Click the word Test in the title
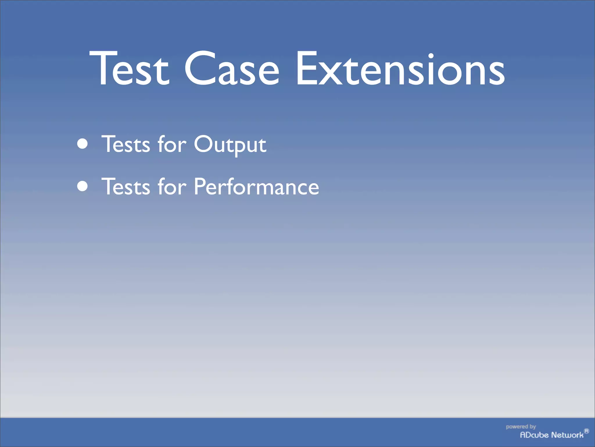click(130, 69)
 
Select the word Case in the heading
click(232, 69)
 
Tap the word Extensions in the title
click(400, 69)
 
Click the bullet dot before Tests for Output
click(83, 144)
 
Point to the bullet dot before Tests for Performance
click(83, 186)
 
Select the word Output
click(230, 144)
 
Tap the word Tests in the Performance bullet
click(126, 186)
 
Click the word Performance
click(256, 186)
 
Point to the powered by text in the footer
click(521, 427)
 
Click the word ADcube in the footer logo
click(534, 435)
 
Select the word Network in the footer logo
click(567, 435)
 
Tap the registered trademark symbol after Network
click(587, 431)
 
